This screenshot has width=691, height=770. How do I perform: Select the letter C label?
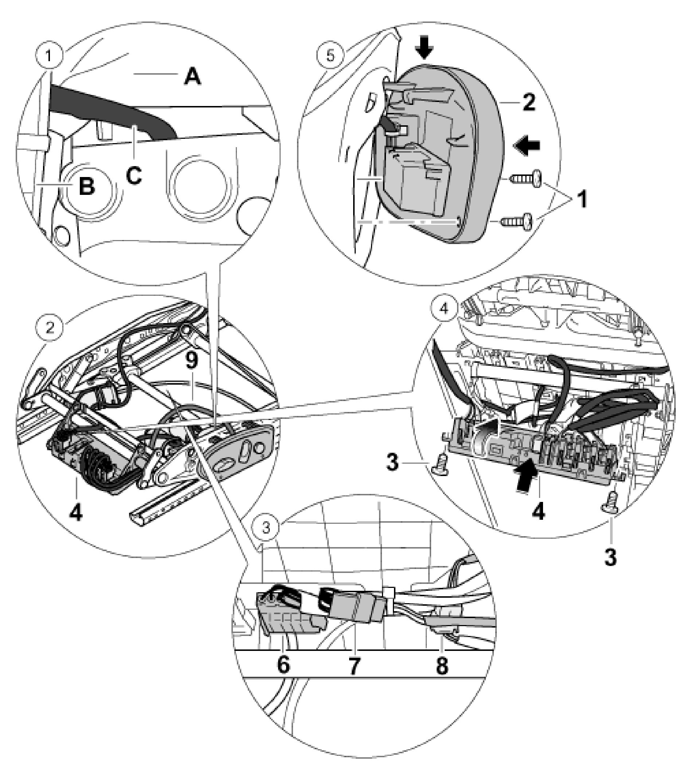[x=134, y=176]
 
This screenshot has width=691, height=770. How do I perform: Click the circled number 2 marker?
[x=49, y=327]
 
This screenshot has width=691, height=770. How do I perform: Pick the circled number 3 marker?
[x=267, y=528]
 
